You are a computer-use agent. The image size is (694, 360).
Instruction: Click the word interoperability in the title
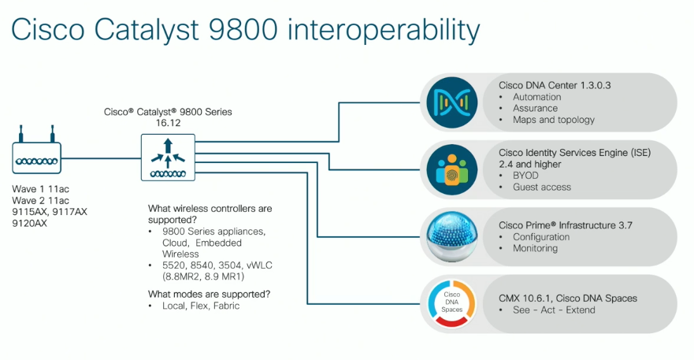[x=384, y=31]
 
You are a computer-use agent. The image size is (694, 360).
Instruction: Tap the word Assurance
[x=535, y=109]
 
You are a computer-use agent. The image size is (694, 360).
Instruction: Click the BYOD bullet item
[x=528, y=176]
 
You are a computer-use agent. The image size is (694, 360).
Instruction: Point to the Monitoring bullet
[x=535, y=248]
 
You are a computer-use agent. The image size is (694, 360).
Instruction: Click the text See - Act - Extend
[x=554, y=310]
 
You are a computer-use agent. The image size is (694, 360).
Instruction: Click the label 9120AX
[x=30, y=224]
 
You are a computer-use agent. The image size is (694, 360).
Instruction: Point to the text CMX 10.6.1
[x=525, y=299]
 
